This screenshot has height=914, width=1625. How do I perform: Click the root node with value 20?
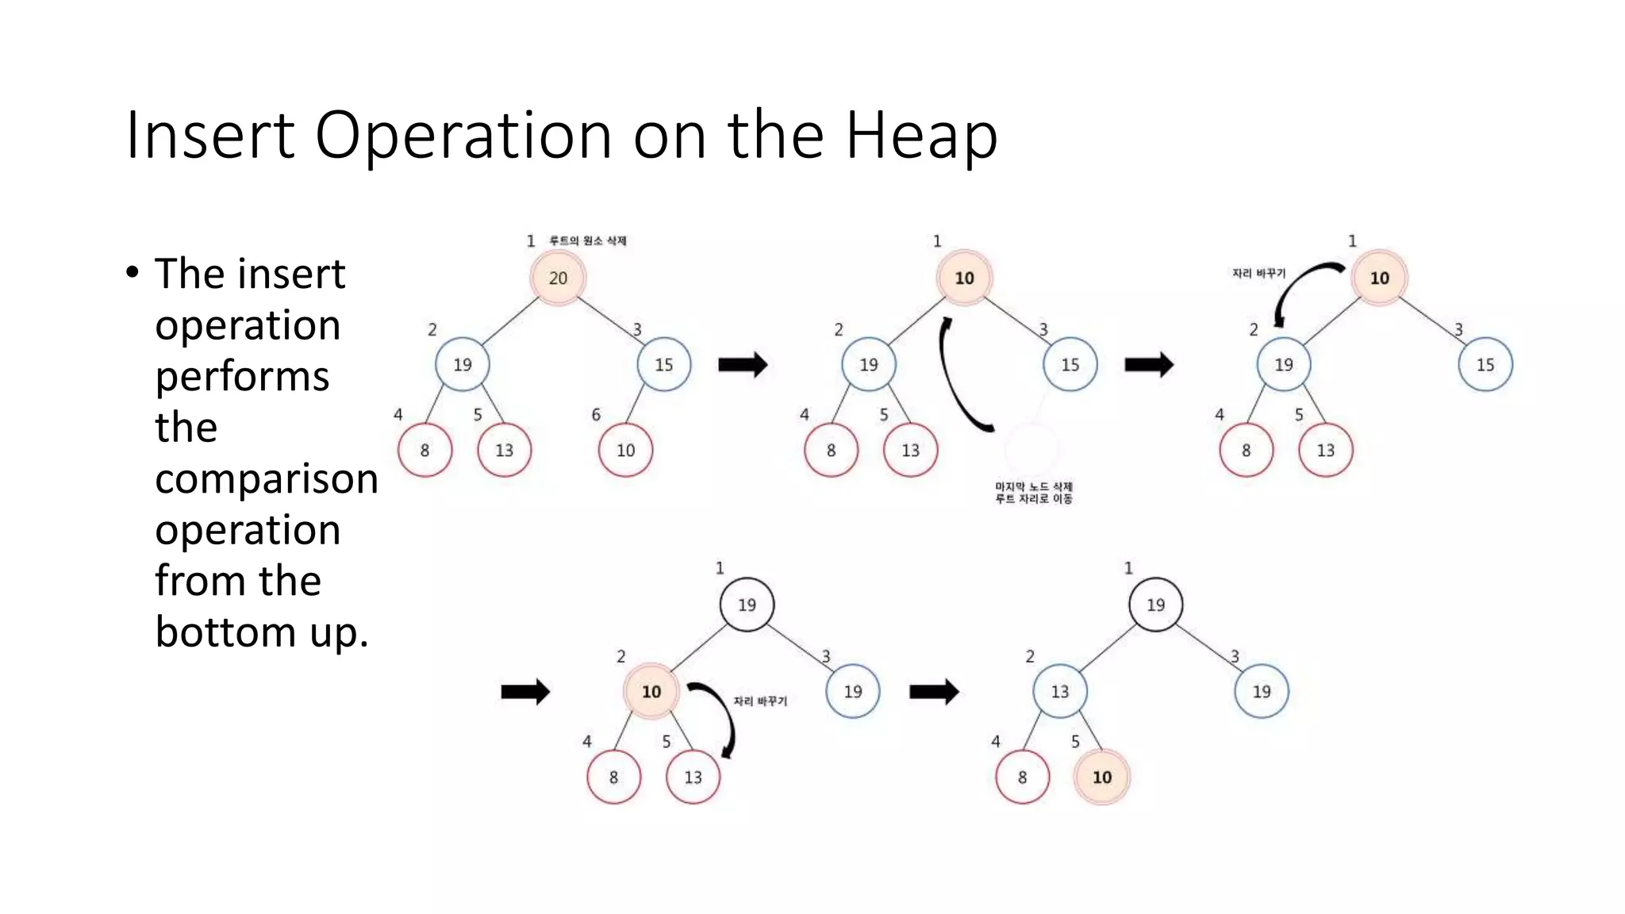(558, 278)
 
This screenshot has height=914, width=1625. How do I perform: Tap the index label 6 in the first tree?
(596, 414)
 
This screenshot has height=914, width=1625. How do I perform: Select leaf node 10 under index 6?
(625, 450)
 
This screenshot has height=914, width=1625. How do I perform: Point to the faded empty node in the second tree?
(1031, 449)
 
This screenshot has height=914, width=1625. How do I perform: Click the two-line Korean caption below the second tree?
(1034, 493)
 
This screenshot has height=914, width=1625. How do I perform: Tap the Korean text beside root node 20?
(588, 240)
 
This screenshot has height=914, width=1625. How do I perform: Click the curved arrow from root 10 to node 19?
(1301, 290)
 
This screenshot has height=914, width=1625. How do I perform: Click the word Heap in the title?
(920, 136)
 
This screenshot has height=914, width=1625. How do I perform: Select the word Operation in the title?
(463, 136)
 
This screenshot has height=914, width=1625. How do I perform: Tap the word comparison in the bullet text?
(267, 478)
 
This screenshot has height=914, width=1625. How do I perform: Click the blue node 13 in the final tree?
(1060, 691)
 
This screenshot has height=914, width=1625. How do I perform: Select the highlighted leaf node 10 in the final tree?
(1101, 777)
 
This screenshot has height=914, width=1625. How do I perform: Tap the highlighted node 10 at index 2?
(651, 691)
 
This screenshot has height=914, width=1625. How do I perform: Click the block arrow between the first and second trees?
(743, 365)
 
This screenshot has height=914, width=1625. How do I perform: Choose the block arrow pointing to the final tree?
(934, 692)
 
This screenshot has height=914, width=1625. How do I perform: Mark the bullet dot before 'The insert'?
(133, 273)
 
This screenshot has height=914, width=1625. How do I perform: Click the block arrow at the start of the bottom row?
(525, 692)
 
